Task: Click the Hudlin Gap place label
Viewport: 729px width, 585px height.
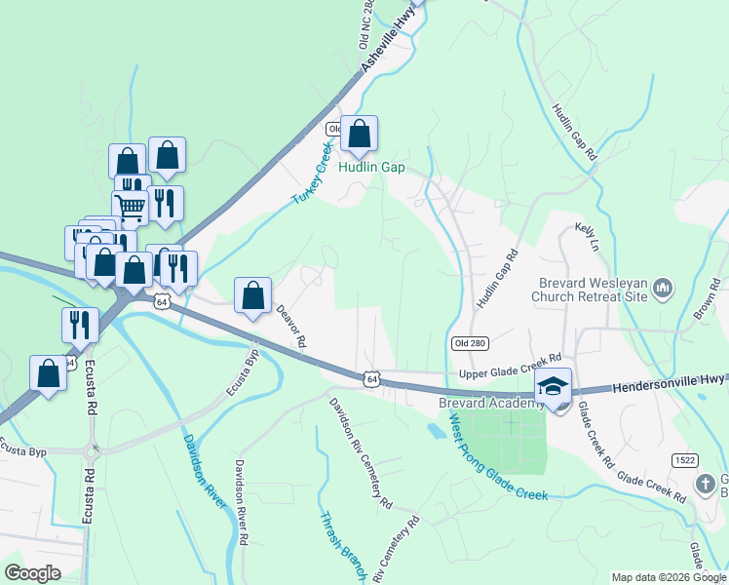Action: (371, 167)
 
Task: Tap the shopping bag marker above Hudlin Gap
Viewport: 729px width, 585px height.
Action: (359, 135)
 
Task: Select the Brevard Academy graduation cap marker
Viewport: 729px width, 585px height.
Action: (554, 387)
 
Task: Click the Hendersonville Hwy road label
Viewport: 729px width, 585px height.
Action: (670, 383)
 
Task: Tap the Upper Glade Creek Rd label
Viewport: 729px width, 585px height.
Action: (511, 369)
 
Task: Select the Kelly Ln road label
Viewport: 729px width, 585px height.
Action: (585, 234)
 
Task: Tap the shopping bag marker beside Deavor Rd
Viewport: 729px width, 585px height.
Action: (252, 295)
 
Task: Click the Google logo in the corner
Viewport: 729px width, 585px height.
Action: (32, 572)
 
